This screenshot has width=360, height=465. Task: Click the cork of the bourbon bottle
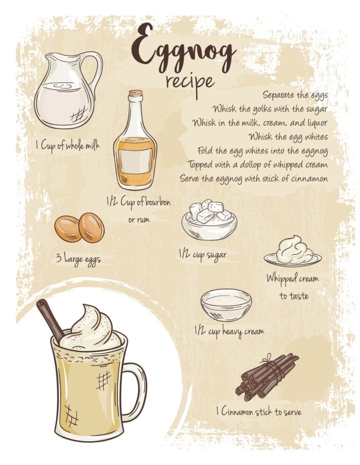[x=135, y=93]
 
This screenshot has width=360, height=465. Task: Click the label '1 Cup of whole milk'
[x=68, y=145]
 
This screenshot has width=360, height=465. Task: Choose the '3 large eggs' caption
[x=79, y=259]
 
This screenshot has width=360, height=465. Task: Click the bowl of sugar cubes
[x=209, y=220]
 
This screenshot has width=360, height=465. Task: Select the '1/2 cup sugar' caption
[x=203, y=255]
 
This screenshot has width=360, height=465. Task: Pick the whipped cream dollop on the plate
[x=294, y=249]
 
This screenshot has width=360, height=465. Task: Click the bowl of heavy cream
[x=226, y=305]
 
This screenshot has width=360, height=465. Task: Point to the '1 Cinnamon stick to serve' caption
[x=258, y=412]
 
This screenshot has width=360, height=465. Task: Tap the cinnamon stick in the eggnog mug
[x=50, y=320]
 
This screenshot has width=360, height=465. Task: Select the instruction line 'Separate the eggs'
[x=295, y=95]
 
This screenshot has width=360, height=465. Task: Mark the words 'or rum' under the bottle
[x=139, y=220]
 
